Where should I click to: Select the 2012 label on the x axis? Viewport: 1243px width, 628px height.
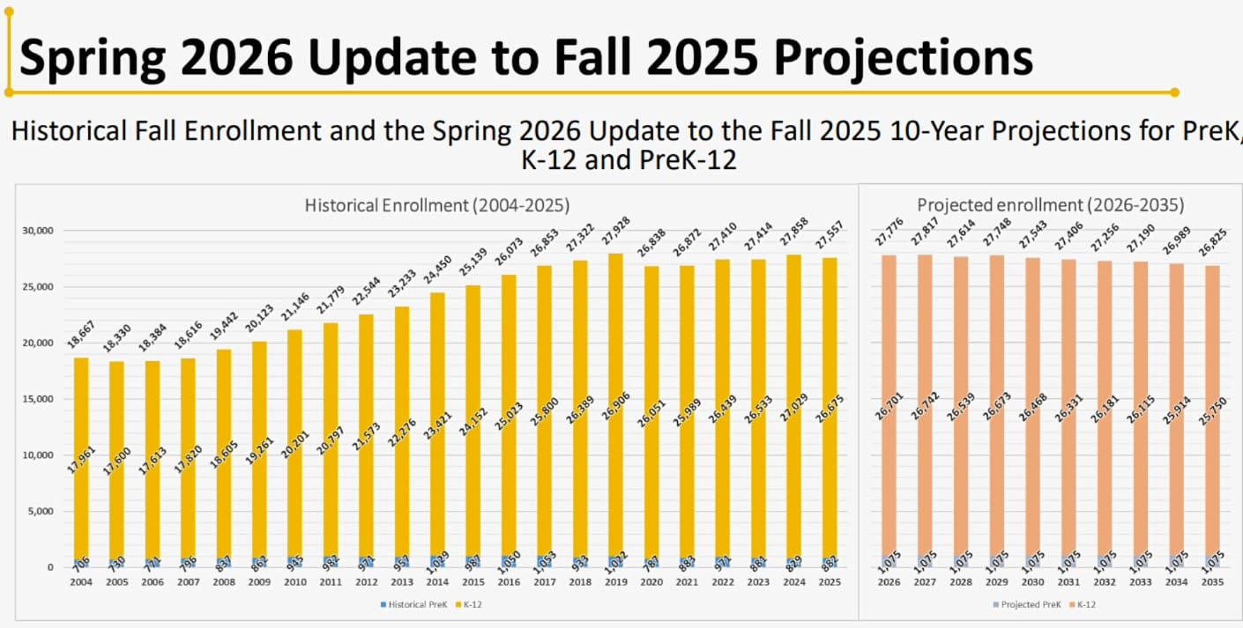[366, 582]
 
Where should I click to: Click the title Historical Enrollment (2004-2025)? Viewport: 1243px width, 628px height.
[436, 205]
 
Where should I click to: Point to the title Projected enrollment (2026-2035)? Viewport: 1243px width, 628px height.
[1050, 205]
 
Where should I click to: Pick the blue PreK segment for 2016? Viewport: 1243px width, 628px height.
[509, 561]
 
